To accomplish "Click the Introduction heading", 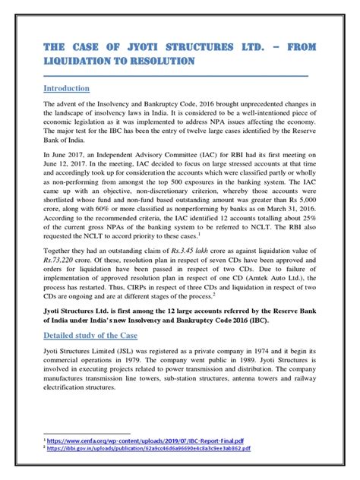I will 67,89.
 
